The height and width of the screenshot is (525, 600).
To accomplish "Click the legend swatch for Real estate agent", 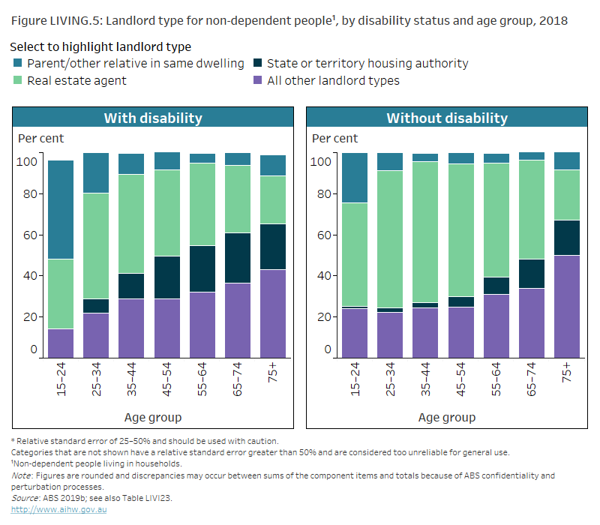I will pos(17,80).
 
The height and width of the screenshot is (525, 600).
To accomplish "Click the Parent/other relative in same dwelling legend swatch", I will pos(17,64).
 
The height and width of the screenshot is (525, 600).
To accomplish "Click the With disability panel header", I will pos(153,118).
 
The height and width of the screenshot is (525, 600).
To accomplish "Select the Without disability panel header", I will pos(447,118).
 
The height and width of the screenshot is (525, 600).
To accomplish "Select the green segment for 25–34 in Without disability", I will pos(390,239).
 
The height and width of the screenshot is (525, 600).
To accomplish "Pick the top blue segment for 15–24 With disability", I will pos(61,210).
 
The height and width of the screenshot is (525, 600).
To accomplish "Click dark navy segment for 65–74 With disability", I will pos(238,258).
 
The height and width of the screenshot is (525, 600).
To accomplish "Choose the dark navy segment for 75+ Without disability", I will pos(566,238).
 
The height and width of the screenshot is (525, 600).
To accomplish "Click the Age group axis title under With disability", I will pos(153,417).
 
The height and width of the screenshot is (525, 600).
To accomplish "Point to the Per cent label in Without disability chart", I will pos(334,138).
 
